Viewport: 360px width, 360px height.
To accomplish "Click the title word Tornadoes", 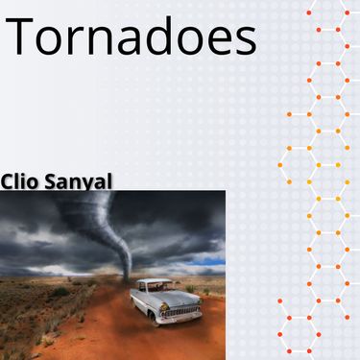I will [132, 38].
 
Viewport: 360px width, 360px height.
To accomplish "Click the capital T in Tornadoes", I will [22, 37].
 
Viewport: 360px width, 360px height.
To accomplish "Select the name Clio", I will [22, 180].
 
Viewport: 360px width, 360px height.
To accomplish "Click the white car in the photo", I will [165, 300].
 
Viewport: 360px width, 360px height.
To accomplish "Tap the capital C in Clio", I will [9, 180].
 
